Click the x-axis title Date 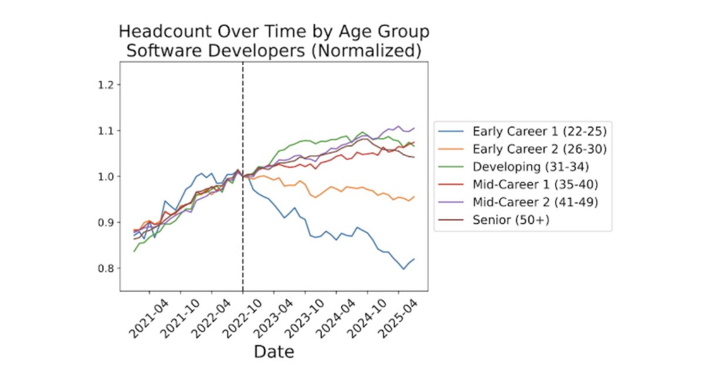click(x=274, y=352)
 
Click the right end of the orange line click(x=414, y=197)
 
